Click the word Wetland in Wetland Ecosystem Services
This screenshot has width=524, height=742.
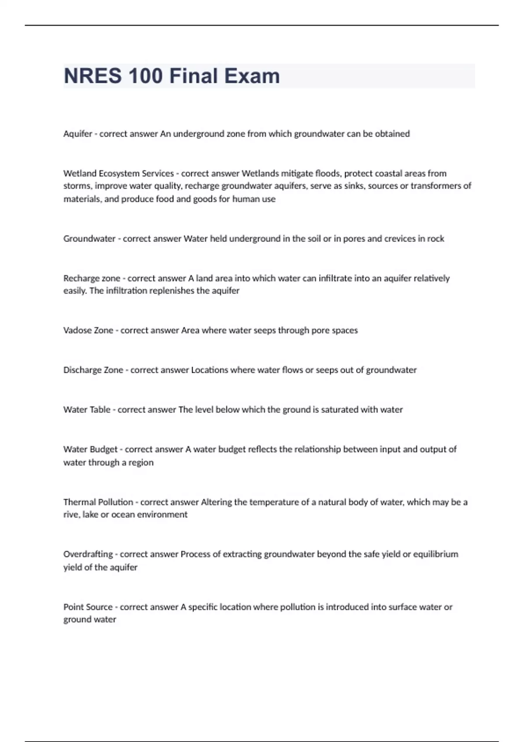pyautogui.click(x=79, y=173)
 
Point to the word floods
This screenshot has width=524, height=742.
pyautogui.click(x=327, y=173)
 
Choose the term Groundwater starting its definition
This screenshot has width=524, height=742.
pyautogui.click(x=89, y=239)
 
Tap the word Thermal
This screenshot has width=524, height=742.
pyautogui.click(x=79, y=502)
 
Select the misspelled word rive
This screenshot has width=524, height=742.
pyautogui.click(x=70, y=515)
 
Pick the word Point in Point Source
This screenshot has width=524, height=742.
pyautogui.click(x=72, y=607)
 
